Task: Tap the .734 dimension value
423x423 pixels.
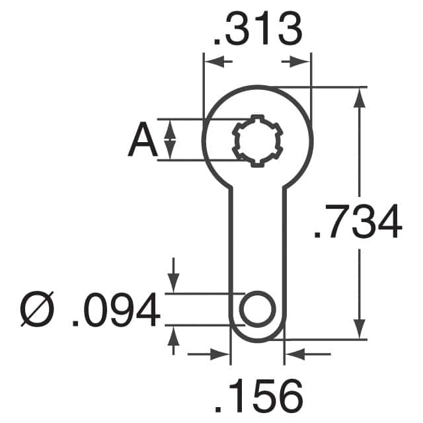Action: pyautogui.click(x=358, y=223)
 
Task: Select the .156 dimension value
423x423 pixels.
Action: pyautogui.click(x=258, y=397)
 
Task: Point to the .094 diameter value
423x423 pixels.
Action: pyautogui.click(x=116, y=311)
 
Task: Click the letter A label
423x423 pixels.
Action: pyautogui.click(x=141, y=141)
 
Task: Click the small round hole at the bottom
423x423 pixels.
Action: pyautogui.click(x=257, y=309)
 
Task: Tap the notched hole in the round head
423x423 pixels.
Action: pyautogui.click(x=257, y=140)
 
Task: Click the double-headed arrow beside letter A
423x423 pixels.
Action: pyautogui.click(x=170, y=139)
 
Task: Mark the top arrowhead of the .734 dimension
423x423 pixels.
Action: pyautogui.click(x=359, y=97)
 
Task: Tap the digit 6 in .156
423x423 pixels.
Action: pyautogui.click(x=289, y=397)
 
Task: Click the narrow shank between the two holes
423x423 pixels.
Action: pyautogui.click(x=257, y=231)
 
